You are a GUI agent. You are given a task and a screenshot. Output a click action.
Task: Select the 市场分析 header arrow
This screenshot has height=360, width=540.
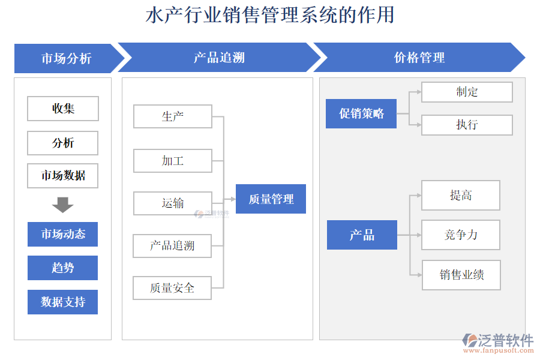66,58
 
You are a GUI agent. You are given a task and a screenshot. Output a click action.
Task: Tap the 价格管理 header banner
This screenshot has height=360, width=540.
419,58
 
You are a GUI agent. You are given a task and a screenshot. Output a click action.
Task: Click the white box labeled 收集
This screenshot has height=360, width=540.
63,109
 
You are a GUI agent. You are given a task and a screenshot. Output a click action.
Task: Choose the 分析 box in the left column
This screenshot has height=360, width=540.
63,143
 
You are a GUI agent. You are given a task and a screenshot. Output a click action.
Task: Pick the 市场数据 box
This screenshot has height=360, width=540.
63,176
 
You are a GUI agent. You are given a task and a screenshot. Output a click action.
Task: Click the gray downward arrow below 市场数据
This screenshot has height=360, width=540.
62,205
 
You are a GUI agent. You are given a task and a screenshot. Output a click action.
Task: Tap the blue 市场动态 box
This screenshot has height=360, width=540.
63,234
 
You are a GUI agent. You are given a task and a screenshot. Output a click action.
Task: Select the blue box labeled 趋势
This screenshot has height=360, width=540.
63,268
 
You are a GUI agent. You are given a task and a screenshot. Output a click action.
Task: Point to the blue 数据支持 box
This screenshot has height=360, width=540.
63,302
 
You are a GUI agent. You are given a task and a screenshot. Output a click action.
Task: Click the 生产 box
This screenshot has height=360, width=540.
173,116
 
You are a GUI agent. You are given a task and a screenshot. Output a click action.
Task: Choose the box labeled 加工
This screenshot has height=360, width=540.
173,161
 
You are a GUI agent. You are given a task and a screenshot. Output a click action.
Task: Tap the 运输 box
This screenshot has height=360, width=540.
173,203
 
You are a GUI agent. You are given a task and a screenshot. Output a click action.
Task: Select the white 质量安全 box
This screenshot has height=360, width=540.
173,288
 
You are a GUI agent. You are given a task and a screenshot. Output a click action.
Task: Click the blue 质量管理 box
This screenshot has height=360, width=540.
271,199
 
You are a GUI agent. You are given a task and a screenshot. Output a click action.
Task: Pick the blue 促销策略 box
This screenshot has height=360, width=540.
361,113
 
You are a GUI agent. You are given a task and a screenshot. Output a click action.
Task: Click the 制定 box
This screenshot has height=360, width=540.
467,92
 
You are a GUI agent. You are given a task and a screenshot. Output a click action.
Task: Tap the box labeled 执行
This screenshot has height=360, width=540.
467,125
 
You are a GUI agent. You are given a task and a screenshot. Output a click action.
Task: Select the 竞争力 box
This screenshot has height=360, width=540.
461,235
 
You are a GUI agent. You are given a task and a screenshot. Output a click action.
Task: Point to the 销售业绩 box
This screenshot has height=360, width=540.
461,275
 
